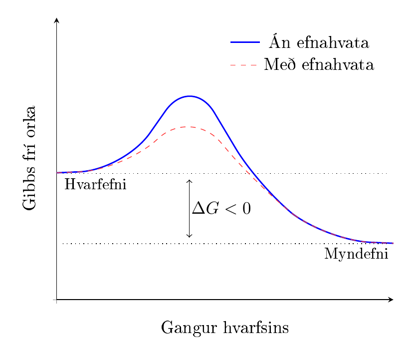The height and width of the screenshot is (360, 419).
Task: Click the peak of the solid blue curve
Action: pos(189,96)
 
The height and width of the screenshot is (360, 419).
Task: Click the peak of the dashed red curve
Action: pos(189,127)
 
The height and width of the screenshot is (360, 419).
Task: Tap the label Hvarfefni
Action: pos(95,184)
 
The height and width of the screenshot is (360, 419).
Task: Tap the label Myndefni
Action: pos(356,254)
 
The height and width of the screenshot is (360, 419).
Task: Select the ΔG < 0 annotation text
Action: pos(221,208)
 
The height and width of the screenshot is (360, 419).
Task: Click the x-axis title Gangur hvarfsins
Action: pos(225,328)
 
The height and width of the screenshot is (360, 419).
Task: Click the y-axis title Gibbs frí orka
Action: pos(29,158)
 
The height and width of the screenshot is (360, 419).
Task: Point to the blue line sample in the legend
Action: pos(245,42)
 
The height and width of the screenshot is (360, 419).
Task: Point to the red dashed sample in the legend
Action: pos(244,65)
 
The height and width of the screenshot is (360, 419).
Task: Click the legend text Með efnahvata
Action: pos(319,65)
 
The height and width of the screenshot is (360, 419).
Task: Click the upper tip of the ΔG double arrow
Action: pos(189,180)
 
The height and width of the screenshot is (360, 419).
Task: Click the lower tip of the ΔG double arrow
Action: pos(189,237)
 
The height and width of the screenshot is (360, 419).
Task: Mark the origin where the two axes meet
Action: pos(56,300)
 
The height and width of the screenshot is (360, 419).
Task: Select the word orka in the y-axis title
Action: pos(29,122)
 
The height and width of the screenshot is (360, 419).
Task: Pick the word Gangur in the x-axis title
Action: pos(189,328)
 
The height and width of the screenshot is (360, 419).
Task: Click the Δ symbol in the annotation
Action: pos(199,208)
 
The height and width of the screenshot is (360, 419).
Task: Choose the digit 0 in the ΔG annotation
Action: pos(247,209)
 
